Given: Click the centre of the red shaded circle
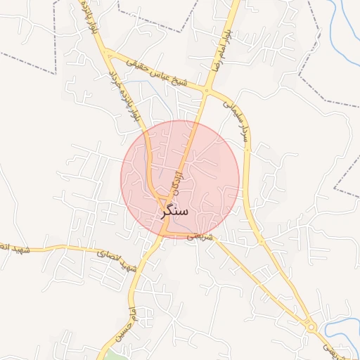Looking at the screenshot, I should coord(180,179).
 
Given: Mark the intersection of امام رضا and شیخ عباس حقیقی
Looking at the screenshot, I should coord(207,90).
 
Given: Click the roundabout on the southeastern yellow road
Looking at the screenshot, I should coord(309,325).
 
